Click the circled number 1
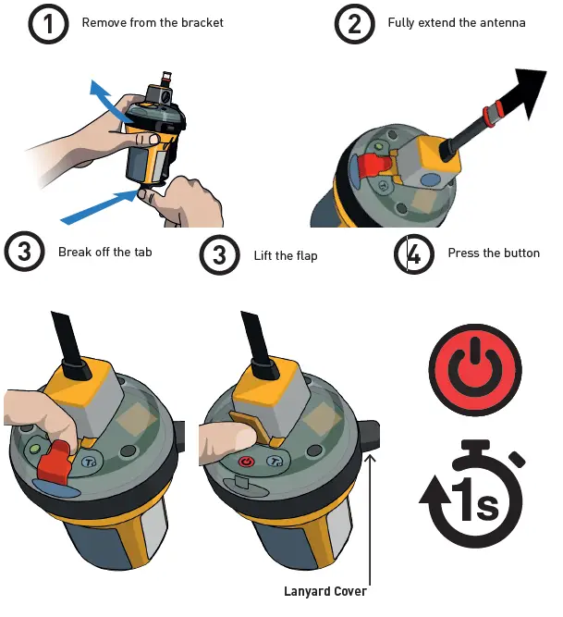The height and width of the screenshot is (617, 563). [x=48, y=24]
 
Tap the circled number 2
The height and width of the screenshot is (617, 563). [x=355, y=24]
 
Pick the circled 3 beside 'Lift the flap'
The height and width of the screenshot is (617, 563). [x=219, y=254]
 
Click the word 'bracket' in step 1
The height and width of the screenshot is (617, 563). [x=202, y=22]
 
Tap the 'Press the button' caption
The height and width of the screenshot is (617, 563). [x=493, y=253]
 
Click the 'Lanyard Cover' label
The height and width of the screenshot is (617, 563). [x=324, y=591]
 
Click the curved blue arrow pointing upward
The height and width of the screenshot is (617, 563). [x=106, y=102]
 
